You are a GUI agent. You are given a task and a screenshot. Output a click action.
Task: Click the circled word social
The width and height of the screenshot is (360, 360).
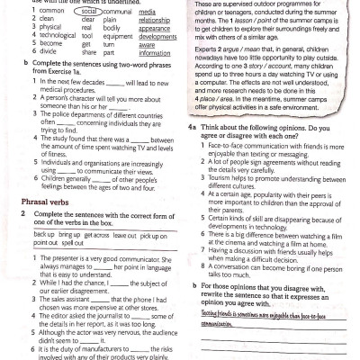click(x=88, y=13)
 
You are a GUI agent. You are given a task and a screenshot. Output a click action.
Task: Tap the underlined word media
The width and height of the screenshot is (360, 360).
click(x=146, y=13)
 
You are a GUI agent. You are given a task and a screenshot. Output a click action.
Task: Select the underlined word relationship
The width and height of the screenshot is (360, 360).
click(x=155, y=21)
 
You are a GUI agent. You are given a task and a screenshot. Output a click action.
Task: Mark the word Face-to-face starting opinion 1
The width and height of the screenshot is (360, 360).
click(x=218, y=144)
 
